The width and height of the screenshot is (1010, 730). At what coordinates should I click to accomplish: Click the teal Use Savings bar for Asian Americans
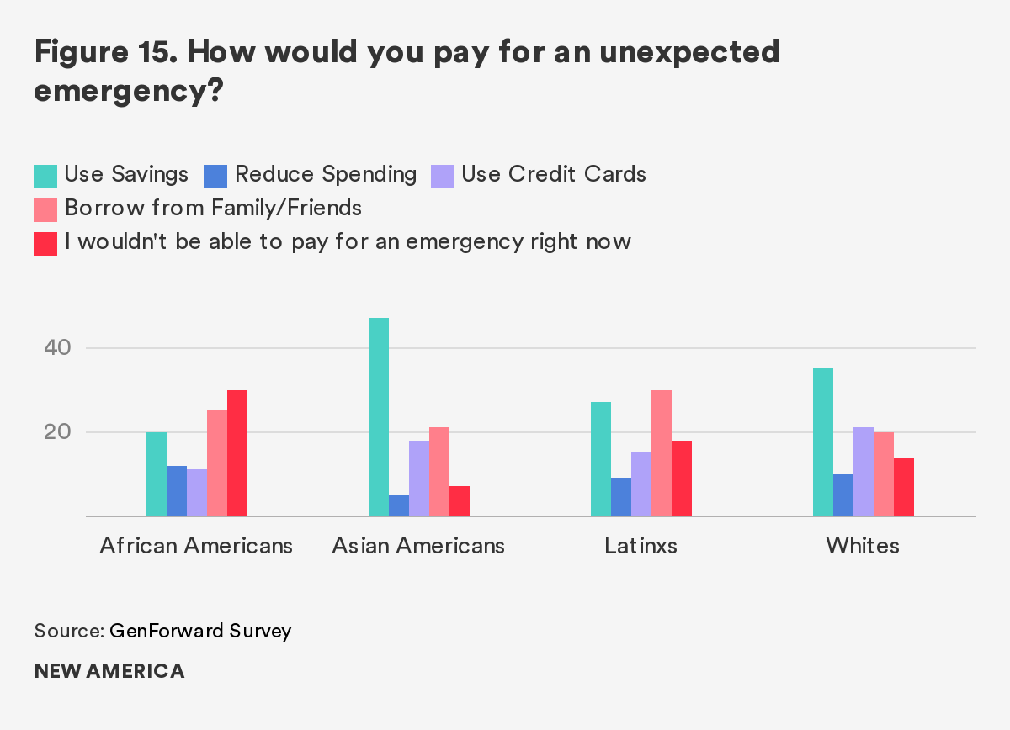click(379, 417)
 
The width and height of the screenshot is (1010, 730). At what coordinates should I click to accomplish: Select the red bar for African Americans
click(237, 453)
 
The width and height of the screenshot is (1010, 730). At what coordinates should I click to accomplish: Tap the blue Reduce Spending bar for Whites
click(843, 495)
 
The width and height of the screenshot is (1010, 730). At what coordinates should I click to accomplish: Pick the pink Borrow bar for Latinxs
click(662, 453)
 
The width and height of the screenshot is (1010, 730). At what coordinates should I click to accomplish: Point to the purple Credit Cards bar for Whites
click(864, 472)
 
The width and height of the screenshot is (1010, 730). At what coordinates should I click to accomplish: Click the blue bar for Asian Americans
click(399, 505)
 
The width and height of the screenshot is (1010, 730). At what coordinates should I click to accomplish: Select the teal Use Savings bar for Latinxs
click(601, 459)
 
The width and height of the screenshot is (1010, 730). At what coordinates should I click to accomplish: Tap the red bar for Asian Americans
click(460, 501)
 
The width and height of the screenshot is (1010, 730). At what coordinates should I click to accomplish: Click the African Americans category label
click(196, 546)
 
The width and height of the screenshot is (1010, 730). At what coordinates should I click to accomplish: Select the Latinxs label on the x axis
click(641, 546)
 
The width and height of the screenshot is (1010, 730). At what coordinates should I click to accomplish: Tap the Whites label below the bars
click(863, 546)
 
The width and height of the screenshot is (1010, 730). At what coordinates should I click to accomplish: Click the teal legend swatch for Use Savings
click(45, 176)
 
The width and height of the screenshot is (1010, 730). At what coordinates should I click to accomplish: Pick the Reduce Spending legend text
click(326, 174)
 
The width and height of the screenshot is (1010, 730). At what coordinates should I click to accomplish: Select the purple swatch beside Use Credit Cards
click(443, 176)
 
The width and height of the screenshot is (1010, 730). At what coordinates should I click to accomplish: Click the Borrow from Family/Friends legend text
click(213, 208)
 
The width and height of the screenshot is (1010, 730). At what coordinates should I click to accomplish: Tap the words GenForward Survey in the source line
click(200, 631)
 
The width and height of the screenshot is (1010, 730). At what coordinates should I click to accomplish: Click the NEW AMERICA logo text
click(109, 671)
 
